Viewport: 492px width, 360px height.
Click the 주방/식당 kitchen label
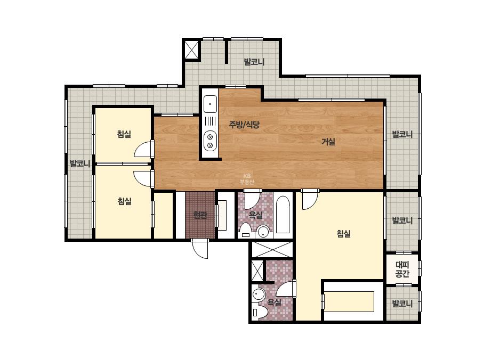[244, 125]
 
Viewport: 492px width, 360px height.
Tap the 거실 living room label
[328, 142]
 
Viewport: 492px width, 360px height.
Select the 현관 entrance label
[200, 215]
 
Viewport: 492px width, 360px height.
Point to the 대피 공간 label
[402, 269]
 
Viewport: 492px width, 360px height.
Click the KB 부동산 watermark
[247, 179]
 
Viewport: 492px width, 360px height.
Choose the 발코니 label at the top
[254, 62]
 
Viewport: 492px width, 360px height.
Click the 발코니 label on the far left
[80, 163]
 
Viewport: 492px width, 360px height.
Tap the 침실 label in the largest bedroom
[344, 234]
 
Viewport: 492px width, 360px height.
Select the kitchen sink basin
[210, 104]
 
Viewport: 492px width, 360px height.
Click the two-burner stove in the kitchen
[210, 141]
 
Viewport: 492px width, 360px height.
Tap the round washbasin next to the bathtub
[263, 232]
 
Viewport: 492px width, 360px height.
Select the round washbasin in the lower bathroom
[259, 295]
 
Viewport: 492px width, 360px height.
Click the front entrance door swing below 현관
[200, 249]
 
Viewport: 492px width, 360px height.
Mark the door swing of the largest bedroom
[310, 200]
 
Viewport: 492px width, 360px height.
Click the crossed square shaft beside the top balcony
[191, 50]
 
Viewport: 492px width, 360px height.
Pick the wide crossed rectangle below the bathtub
[272, 249]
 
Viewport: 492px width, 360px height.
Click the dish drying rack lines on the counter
[210, 121]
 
